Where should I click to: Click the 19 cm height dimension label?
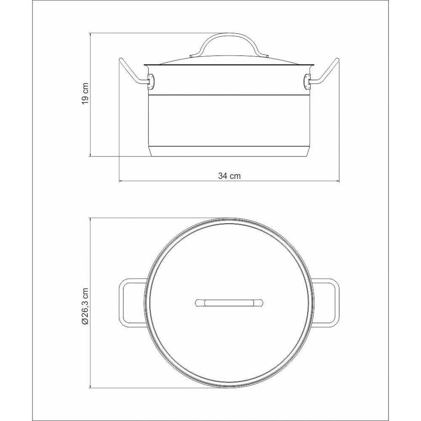point(85,93)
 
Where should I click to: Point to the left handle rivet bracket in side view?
point(149,81)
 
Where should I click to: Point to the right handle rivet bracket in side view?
point(308,81)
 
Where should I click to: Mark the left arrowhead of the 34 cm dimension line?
point(121,181)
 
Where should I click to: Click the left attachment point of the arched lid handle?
point(192,56)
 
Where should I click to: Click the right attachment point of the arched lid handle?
point(267,56)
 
